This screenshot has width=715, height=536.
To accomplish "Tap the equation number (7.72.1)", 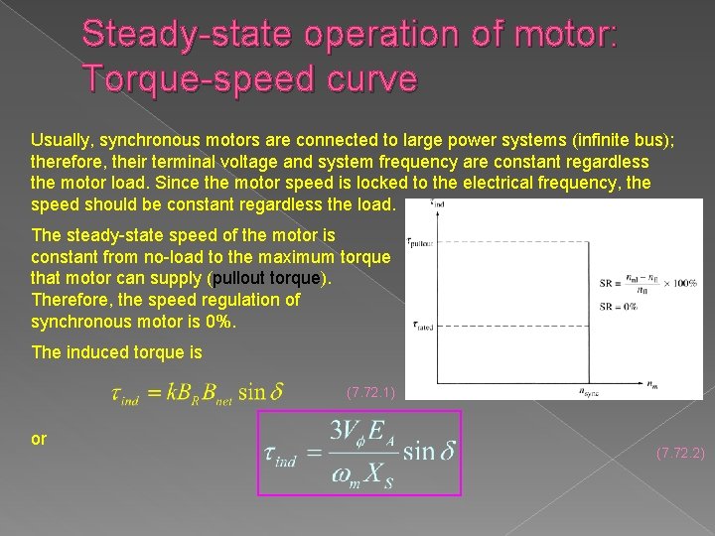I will pos(370,393).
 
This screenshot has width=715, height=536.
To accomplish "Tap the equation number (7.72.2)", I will pos(680,454).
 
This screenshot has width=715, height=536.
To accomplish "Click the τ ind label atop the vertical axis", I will pos(436,205).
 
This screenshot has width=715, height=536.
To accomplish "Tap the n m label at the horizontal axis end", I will pos(681,382).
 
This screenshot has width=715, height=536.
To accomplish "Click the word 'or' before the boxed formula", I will pos(40,438).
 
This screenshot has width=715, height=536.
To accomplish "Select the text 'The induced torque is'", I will pos(116,351).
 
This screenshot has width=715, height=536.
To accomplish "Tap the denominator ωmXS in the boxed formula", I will pos(359,473).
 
